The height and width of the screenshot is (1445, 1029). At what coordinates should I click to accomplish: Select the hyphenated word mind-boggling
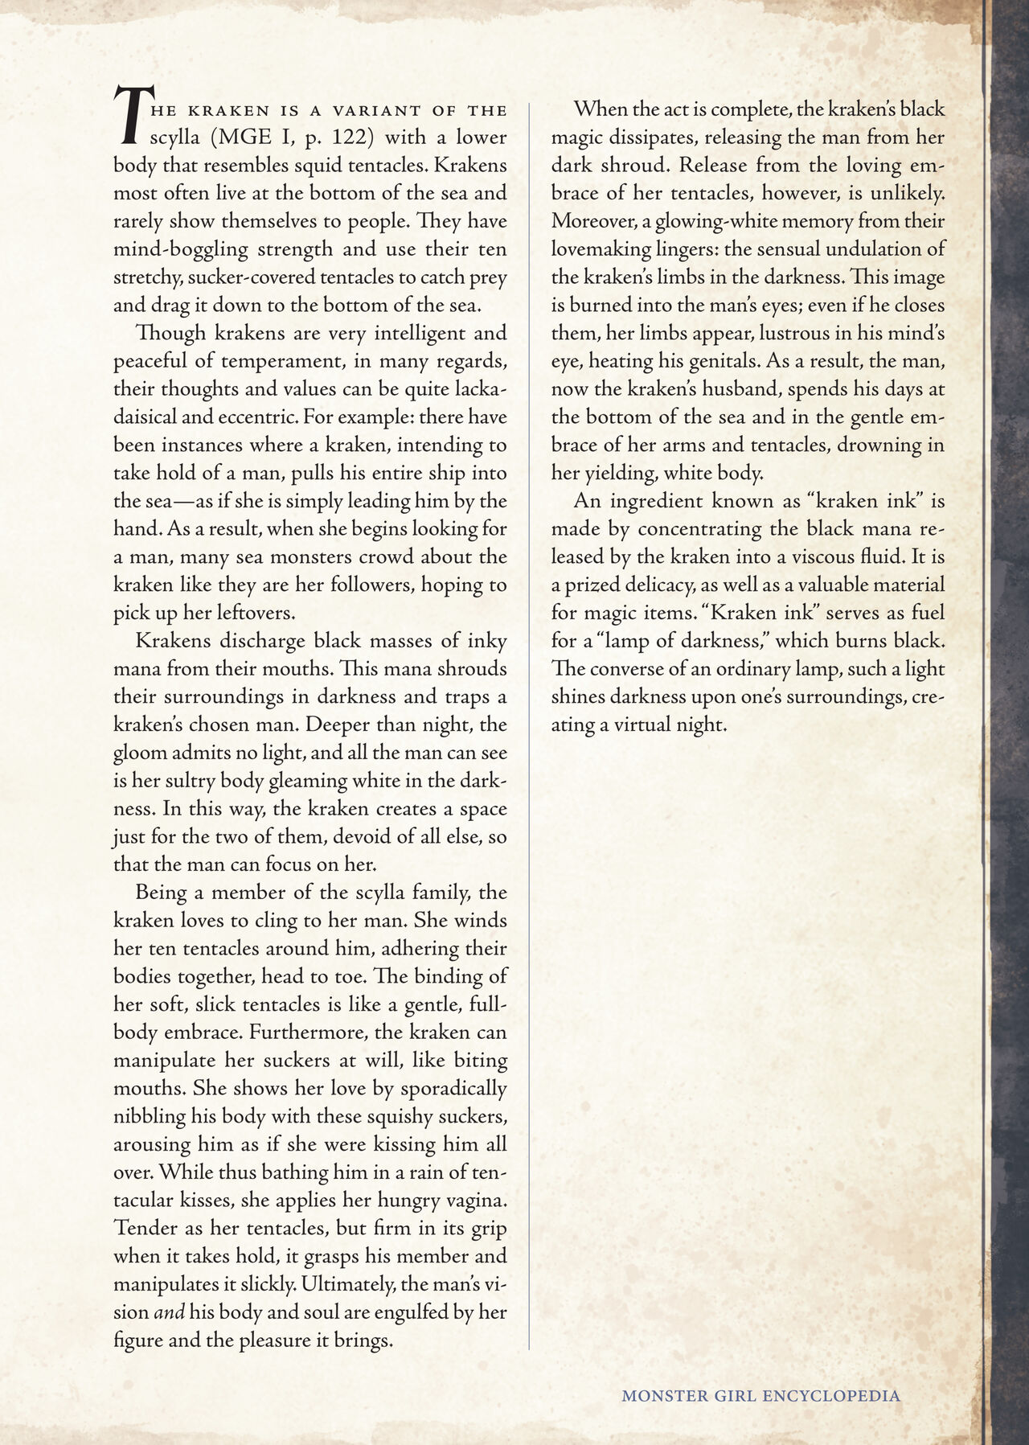[x=181, y=249]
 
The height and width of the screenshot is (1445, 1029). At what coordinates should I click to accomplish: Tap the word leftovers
[x=256, y=613]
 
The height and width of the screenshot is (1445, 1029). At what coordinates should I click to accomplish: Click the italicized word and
[x=169, y=1312]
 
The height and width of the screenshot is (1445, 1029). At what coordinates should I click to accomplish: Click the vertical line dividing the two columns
[x=529, y=724]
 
